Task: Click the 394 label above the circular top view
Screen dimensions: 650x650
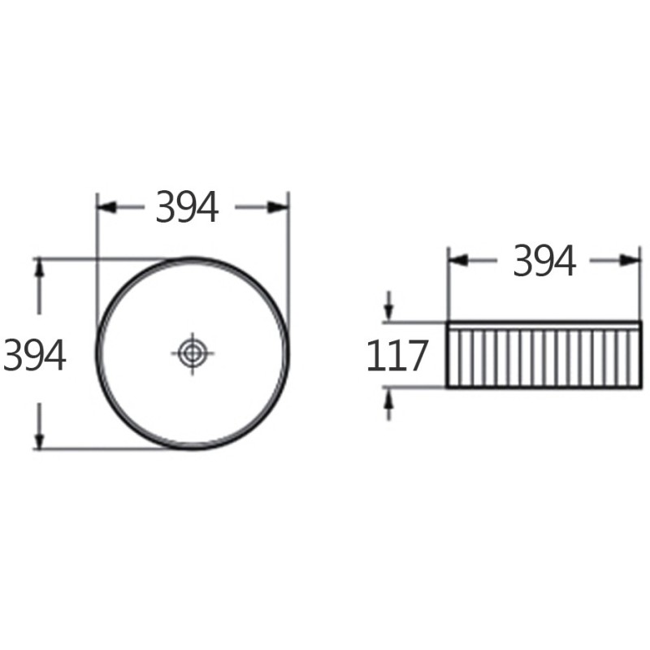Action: (187, 207)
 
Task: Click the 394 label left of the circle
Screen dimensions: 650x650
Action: (34, 354)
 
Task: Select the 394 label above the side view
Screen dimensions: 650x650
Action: (544, 260)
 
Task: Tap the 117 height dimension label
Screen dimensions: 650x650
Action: (396, 355)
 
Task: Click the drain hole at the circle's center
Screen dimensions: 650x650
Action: (193, 353)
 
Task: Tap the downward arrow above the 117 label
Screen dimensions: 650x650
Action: (388, 314)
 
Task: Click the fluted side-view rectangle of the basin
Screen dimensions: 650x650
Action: (544, 355)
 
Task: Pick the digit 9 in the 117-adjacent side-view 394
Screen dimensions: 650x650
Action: (544, 260)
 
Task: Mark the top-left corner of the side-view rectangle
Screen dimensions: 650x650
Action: (448, 323)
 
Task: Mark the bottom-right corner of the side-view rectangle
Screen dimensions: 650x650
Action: (640, 388)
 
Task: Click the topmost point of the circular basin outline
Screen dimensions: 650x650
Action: (193, 258)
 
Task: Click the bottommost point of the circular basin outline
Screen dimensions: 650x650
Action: (193, 448)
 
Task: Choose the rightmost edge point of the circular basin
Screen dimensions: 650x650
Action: (288, 353)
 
